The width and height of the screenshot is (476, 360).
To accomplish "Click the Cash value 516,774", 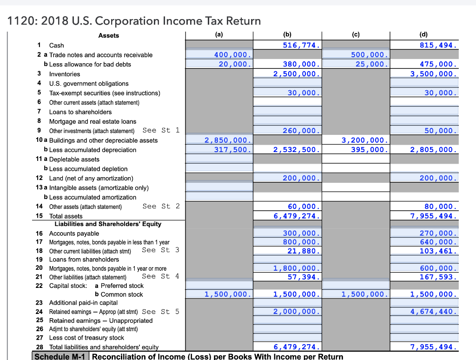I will (302, 45).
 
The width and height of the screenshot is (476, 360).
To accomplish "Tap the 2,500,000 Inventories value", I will (297, 74).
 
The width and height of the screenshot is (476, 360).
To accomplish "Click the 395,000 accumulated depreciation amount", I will (370, 150).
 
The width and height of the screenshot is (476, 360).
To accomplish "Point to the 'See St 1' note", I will (161, 130).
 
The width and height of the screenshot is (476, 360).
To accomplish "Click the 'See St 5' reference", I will (160, 312).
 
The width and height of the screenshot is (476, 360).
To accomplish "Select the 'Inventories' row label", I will (65, 74).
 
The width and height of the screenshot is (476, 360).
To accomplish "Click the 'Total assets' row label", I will (66, 216).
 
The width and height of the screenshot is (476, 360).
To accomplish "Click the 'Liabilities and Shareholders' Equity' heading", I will (108, 224).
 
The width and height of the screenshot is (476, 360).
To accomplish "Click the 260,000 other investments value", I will (302, 131).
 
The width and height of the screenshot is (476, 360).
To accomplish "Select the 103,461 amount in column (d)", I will (438, 250).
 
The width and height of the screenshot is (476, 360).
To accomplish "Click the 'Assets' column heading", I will (108, 35).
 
